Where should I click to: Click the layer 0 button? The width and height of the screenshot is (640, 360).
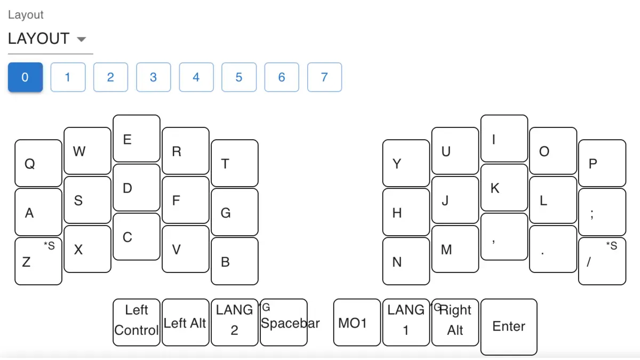pyautogui.click(x=25, y=77)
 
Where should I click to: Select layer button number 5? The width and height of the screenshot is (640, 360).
pyautogui.click(x=238, y=77)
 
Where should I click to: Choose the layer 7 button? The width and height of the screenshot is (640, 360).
pyautogui.click(x=324, y=77)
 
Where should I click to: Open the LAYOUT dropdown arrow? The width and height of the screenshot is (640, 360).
pyautogui.click(x=82, y=39)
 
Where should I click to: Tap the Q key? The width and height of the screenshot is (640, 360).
pyautogui.click(x=38, y=163)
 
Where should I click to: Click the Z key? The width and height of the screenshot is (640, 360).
pyautogui.click(x=38, y=261)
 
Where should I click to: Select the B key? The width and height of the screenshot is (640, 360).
pyautogui.click(x=235, y=261)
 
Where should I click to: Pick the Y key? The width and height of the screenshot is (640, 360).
pyautogui.click(x=406, y=163)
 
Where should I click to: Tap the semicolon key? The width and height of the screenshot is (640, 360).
pyautogui.click(x=602, y=212)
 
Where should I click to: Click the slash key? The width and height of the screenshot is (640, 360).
pyautogui.click(x=602, y=261)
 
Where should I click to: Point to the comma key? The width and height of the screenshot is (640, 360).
pyautogui.click(x=504, y=237)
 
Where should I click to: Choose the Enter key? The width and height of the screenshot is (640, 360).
pyautogui.click(x=509, y=326)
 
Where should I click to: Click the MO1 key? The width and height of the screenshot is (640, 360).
pyautogui.click(x=357, y=322)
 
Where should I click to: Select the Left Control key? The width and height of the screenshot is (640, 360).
pyautogui.click(x=137, y=322)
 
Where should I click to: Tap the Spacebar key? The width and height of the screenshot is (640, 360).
pyautogui.click(x=284, y=322)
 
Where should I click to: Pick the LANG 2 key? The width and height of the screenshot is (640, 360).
pyautogui.click(x=235, y=322)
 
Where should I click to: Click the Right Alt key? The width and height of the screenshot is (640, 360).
pyautogui.click(x=455, y=322)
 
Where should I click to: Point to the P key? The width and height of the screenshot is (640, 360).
pyautogui.click(x=602, y=163)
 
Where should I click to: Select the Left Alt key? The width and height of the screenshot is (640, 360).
pyautogui.click(x=185, y=322)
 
